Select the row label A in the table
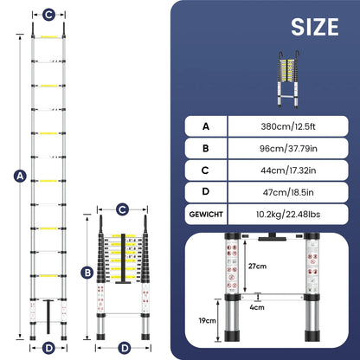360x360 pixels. (204, 125)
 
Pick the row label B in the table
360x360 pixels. (204, 147)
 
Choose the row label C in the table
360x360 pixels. (204, 170)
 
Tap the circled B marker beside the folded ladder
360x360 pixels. (88, 273)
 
